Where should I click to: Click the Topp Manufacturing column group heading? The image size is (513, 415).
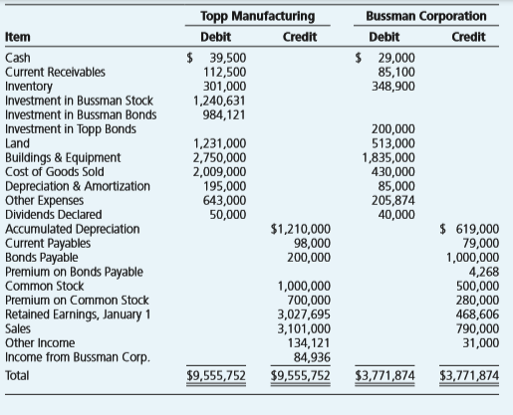[258, 16]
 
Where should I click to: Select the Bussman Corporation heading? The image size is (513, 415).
[426, 16]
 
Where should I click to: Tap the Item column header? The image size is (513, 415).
[18, 37]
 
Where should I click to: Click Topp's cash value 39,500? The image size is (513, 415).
[228, 58]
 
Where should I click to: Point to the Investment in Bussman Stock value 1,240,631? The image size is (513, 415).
[219, 101]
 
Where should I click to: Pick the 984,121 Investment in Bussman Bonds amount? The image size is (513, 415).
[224, 114]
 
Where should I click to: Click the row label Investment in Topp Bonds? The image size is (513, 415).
[71, 129]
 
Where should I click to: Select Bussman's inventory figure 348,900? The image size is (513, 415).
[393, 87]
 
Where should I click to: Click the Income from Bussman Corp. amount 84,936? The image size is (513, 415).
[312, 357]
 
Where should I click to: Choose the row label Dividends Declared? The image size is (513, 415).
[54, 215]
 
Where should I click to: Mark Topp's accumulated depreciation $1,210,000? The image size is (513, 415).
[301, 229]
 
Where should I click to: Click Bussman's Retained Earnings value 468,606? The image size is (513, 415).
[477, 314]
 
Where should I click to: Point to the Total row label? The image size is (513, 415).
[17, 375]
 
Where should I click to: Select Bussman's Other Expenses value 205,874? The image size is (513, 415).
[393, 200]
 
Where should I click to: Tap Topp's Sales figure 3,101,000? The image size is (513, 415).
[304, 328]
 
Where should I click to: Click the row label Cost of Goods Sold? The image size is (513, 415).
[55, 172]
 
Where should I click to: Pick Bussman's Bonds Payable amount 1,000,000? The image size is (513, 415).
[472, 258]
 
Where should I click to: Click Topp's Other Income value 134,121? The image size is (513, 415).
[309, 343]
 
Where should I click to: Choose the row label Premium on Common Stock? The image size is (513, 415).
[77, 301]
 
